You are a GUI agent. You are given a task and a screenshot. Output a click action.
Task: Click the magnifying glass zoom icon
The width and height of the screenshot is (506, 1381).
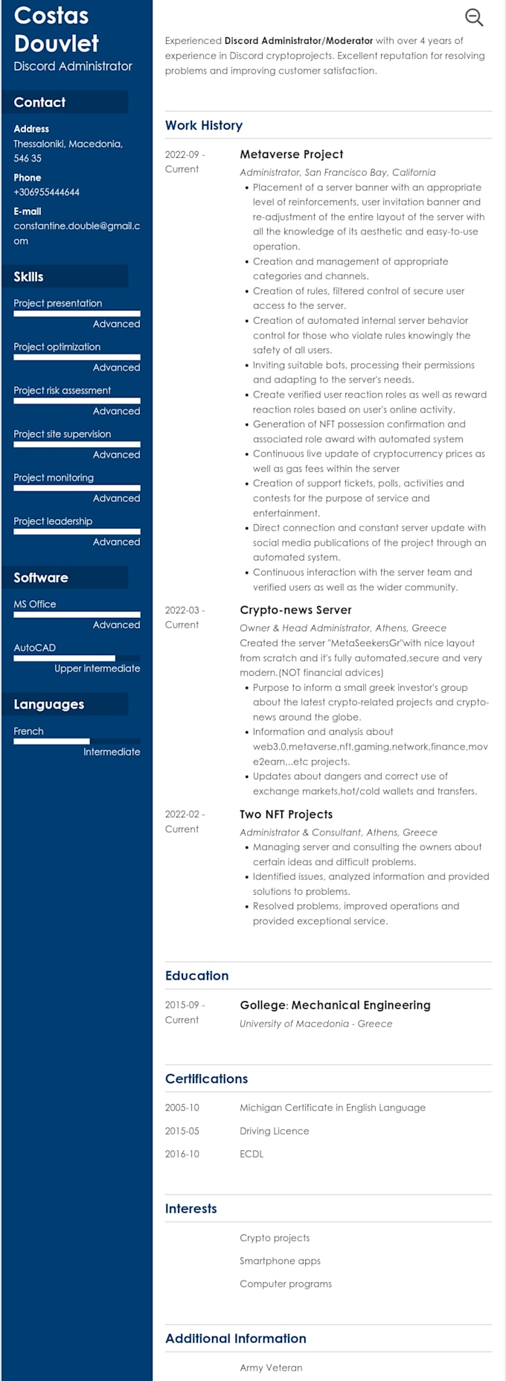(x=474, y=17)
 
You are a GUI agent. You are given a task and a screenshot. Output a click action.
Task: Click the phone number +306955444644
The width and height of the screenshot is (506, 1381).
(x=46, y=192)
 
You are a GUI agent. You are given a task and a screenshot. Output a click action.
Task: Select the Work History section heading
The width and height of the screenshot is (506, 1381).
(x=204, y=125)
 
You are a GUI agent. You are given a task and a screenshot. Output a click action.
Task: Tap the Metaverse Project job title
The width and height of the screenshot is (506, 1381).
(x=291, y=154)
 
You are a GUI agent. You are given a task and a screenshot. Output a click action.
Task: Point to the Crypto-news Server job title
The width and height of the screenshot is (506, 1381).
(x=295, y=610)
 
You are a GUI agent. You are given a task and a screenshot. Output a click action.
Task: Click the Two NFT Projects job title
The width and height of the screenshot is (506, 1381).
(x=286, y=814)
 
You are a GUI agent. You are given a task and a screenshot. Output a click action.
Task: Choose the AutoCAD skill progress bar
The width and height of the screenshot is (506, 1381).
(x=77, y=658)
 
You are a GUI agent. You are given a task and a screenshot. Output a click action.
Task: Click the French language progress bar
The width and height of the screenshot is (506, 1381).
(x=77, y=741)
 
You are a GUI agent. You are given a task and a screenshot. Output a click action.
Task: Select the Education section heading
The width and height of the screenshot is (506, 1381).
(x=197, y=975)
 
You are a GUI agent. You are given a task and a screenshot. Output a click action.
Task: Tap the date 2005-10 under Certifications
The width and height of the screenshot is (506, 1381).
(x=182, y=1108)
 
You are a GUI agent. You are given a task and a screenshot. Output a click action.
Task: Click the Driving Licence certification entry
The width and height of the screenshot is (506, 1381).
(x=274, y=1131)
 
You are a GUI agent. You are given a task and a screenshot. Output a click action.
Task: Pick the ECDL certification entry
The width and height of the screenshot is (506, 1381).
(x=252, y=1154)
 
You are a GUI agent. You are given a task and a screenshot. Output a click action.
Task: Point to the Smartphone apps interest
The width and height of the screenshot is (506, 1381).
(x=280, y=1261)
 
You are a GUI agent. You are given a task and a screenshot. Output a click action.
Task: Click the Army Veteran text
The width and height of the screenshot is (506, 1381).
(x=271, y=1368)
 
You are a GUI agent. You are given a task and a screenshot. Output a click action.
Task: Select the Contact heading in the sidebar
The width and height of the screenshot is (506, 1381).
(x=39, y=102)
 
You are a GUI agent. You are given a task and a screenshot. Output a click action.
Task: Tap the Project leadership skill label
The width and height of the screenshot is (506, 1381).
(x=53, y=521)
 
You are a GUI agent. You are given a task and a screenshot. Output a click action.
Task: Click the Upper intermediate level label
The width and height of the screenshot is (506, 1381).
(x=97, y=669)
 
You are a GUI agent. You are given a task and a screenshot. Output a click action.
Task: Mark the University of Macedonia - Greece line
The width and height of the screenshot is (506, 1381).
(x=316, y=1024)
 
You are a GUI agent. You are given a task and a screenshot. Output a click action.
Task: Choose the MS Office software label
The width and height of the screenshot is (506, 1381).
(x=35, y=604)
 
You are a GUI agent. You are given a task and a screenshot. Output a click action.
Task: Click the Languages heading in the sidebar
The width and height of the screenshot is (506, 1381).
(x=49, y=704)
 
